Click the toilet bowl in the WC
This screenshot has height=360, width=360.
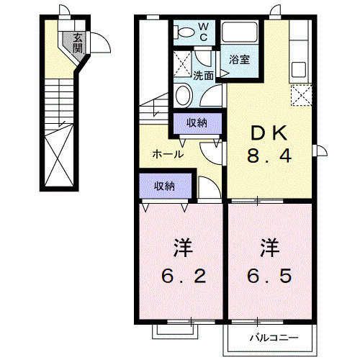(x=185, y=31)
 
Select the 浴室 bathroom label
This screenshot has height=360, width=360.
(x=240, y=60)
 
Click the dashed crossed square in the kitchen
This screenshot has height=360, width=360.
(x=302, y=94)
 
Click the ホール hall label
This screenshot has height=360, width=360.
(x=167, y=153)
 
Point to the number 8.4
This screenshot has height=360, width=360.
(x=270, y=156)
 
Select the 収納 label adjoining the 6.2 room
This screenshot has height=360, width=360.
(x=164, y=186)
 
